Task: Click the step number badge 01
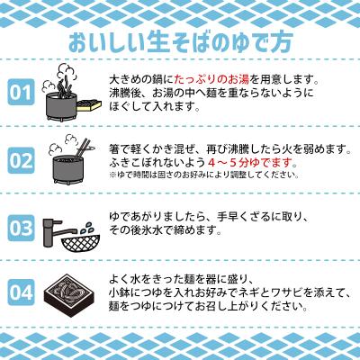(x=22, y=92)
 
